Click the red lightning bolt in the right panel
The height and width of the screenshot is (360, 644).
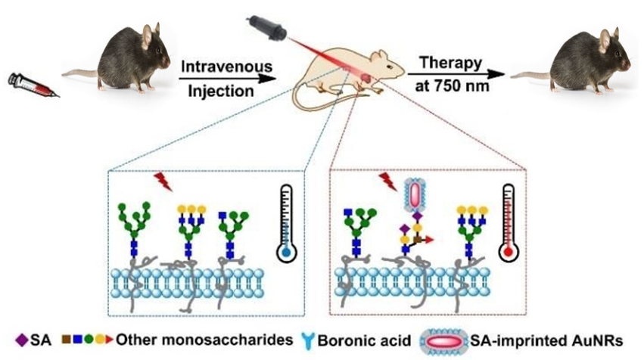pos(387,182)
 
